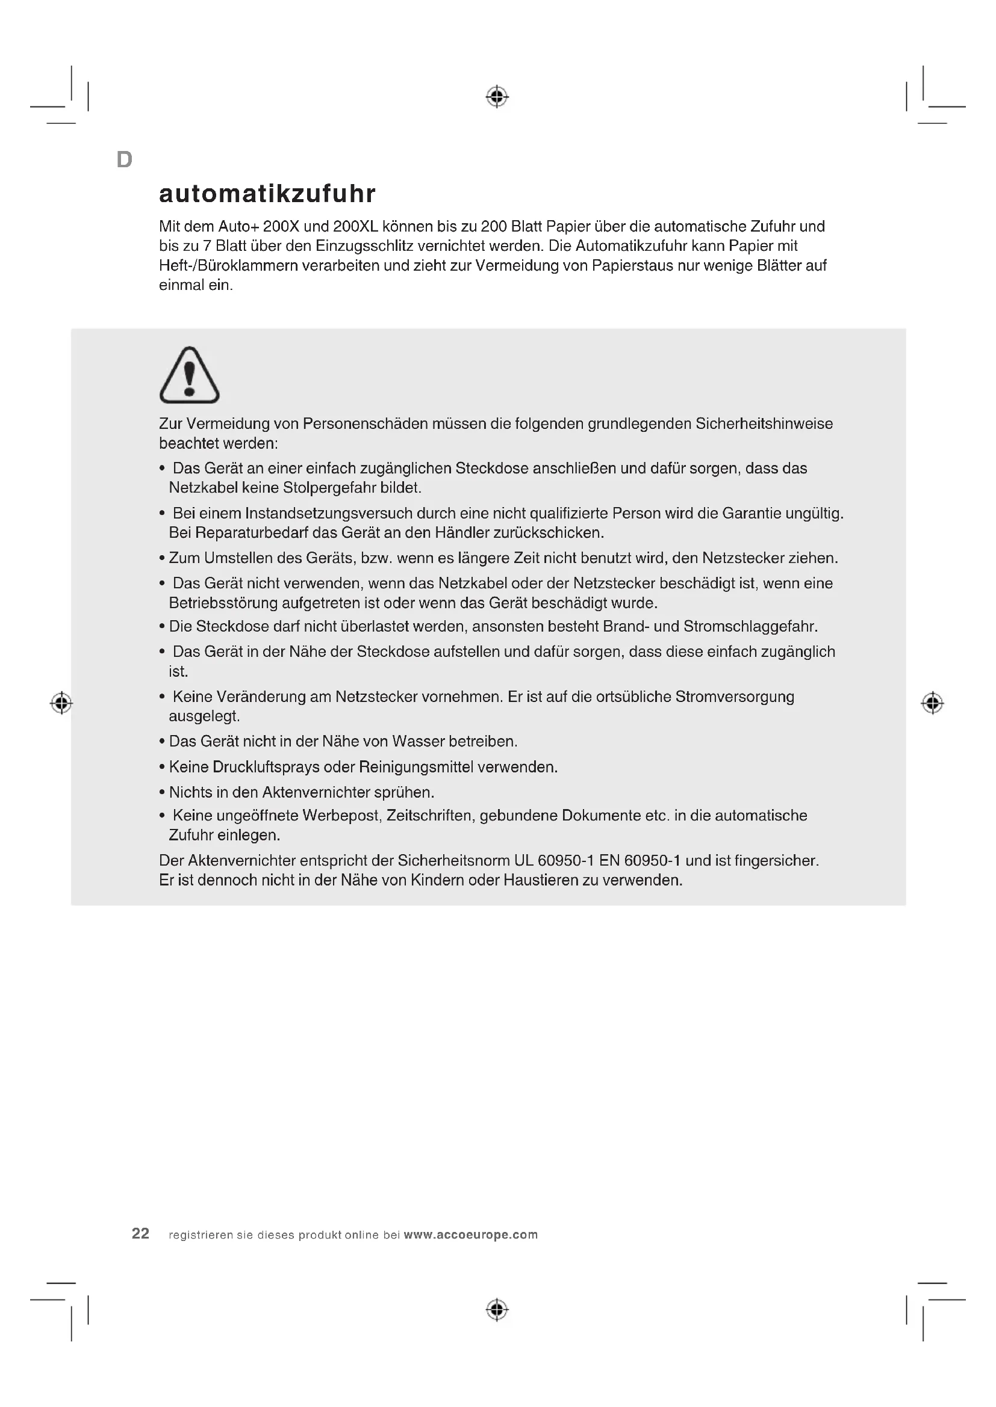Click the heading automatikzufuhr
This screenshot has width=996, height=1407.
click(267, 194)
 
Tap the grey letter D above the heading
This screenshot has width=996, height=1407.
click(125, 160)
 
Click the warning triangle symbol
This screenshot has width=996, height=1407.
click(190, 375)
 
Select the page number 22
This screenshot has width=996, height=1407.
click(140, 1234)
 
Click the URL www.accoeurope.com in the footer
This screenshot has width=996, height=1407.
click(470, 1235)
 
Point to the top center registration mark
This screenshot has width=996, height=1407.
click(497, 97)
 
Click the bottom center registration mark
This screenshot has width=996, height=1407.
click(497, 1310)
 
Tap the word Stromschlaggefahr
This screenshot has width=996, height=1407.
click(750, 627)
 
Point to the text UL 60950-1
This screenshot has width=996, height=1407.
click(555, 861)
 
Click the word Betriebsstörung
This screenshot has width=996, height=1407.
click(223, 603)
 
